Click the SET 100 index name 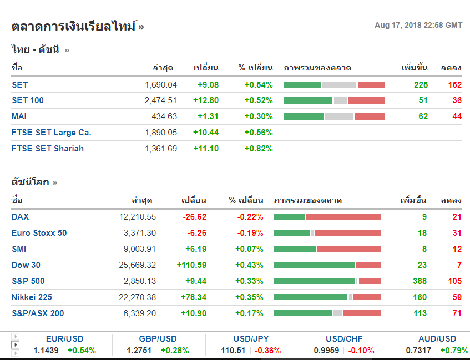pyautogui.click(x=28, y=100)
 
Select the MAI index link pyautogui.click(x=19, y=116)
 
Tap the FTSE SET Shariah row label pyautogui.click(x=48, y=149)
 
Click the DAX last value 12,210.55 pyautogui.click(x=138, y=217)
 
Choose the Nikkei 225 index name pyautogui.click(x=32, y=297)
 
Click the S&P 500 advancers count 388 pyautogui.click(x=420, y=281)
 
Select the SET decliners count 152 pyautogui.click(x=455, y=85)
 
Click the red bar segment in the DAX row pyautogui.click(x=343, y=217)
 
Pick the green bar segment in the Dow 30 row pyautogui.click(x=314, y=265)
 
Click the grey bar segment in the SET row pyautogui.click(x=339, y=85)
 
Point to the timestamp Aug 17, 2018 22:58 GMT pyautogui.click(x=418, y=25)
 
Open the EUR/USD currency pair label pyautogui.click(x=65, y=339)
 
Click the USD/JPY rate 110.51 pyautogui.click(x=233, y=351)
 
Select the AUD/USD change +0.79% pyautogui.click(x=454, y=351)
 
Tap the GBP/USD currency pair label pyautogui.click(x=158, y=339)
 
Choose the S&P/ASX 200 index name pyautogui.click(x=38, y=313)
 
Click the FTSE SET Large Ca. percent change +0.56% pyautogui.click(x=259, y=133)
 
